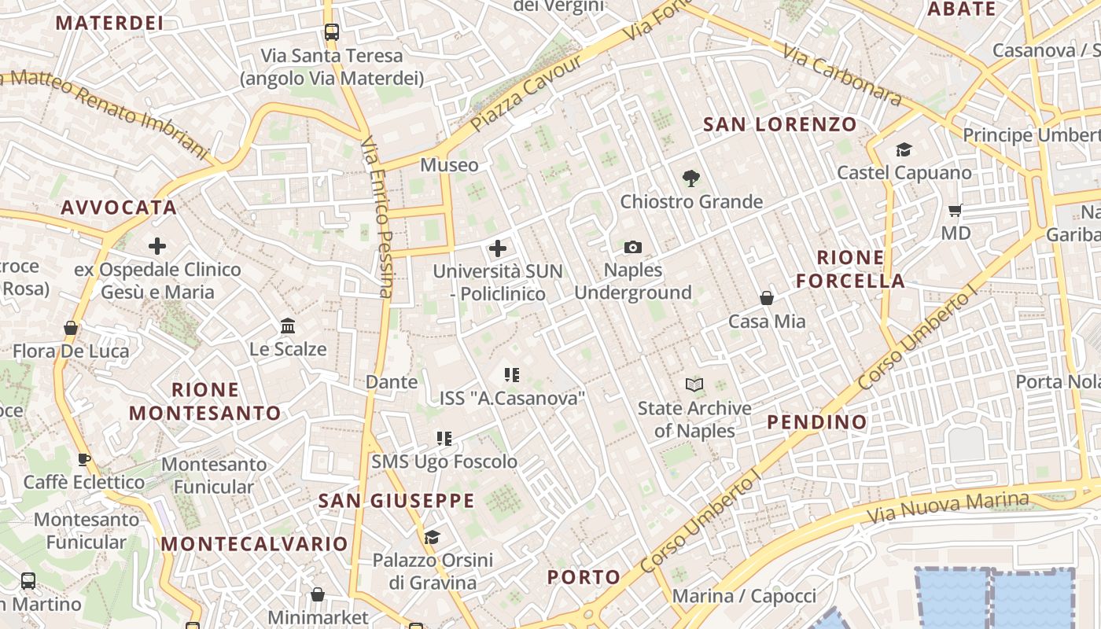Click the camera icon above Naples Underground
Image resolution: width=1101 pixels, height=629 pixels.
click(633, 248)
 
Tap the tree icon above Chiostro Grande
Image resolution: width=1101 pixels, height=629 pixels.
click(691, 178)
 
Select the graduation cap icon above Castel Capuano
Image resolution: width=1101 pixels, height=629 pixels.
click(904, 149)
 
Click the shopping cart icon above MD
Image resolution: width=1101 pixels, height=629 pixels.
click(956, 210)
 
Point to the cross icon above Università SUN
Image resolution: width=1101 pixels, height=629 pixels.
click(498, 249)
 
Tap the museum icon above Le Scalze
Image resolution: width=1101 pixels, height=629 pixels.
click(288, 326)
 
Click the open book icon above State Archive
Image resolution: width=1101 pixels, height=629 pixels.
click(694, 384)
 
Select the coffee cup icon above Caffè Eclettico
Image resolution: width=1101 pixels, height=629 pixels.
click(84, 459)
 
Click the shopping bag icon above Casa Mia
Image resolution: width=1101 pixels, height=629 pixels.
click(767, 298)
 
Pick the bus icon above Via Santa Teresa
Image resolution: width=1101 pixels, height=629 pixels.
click(332, 32)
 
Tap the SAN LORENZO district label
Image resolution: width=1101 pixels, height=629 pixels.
click(779, 124)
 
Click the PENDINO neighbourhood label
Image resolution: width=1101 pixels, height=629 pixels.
click(817, 422)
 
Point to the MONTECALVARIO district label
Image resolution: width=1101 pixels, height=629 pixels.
click(254, 544)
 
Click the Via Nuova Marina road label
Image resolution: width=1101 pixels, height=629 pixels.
click(948, 509)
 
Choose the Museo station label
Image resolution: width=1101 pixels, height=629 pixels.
click(449, 165)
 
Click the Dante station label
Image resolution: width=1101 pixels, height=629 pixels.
click(392, 382)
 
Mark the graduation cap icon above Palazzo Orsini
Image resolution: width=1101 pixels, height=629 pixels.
click(432, 537)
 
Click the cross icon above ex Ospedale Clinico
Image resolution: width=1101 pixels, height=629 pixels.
click(157, 246)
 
